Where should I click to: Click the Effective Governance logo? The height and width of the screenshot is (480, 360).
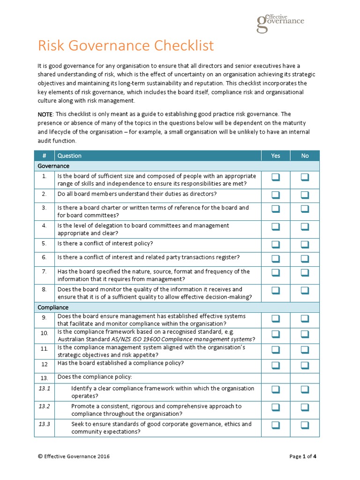280,22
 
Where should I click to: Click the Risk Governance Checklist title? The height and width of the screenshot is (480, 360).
125,46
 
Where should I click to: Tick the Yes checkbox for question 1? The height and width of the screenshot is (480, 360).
275,177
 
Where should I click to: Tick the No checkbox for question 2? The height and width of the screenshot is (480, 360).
305,195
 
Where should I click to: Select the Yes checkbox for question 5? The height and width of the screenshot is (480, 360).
275,244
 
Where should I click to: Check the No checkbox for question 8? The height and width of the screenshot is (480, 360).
305,291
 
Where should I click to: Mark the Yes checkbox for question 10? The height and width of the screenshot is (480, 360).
275,334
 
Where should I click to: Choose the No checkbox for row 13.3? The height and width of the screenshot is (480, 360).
305,425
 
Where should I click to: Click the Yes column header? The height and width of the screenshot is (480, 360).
276,156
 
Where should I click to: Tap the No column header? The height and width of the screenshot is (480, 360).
305,156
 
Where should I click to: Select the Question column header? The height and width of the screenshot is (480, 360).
69,156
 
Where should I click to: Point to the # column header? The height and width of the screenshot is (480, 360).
44,156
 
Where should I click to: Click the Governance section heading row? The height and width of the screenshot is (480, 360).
53,166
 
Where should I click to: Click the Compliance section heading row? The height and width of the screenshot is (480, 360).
53,307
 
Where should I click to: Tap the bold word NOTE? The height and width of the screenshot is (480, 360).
45,114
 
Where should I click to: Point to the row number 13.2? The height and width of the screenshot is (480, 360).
45,406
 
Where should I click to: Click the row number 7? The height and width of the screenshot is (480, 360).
44,271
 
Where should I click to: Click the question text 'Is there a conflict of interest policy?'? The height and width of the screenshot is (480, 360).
105,243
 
